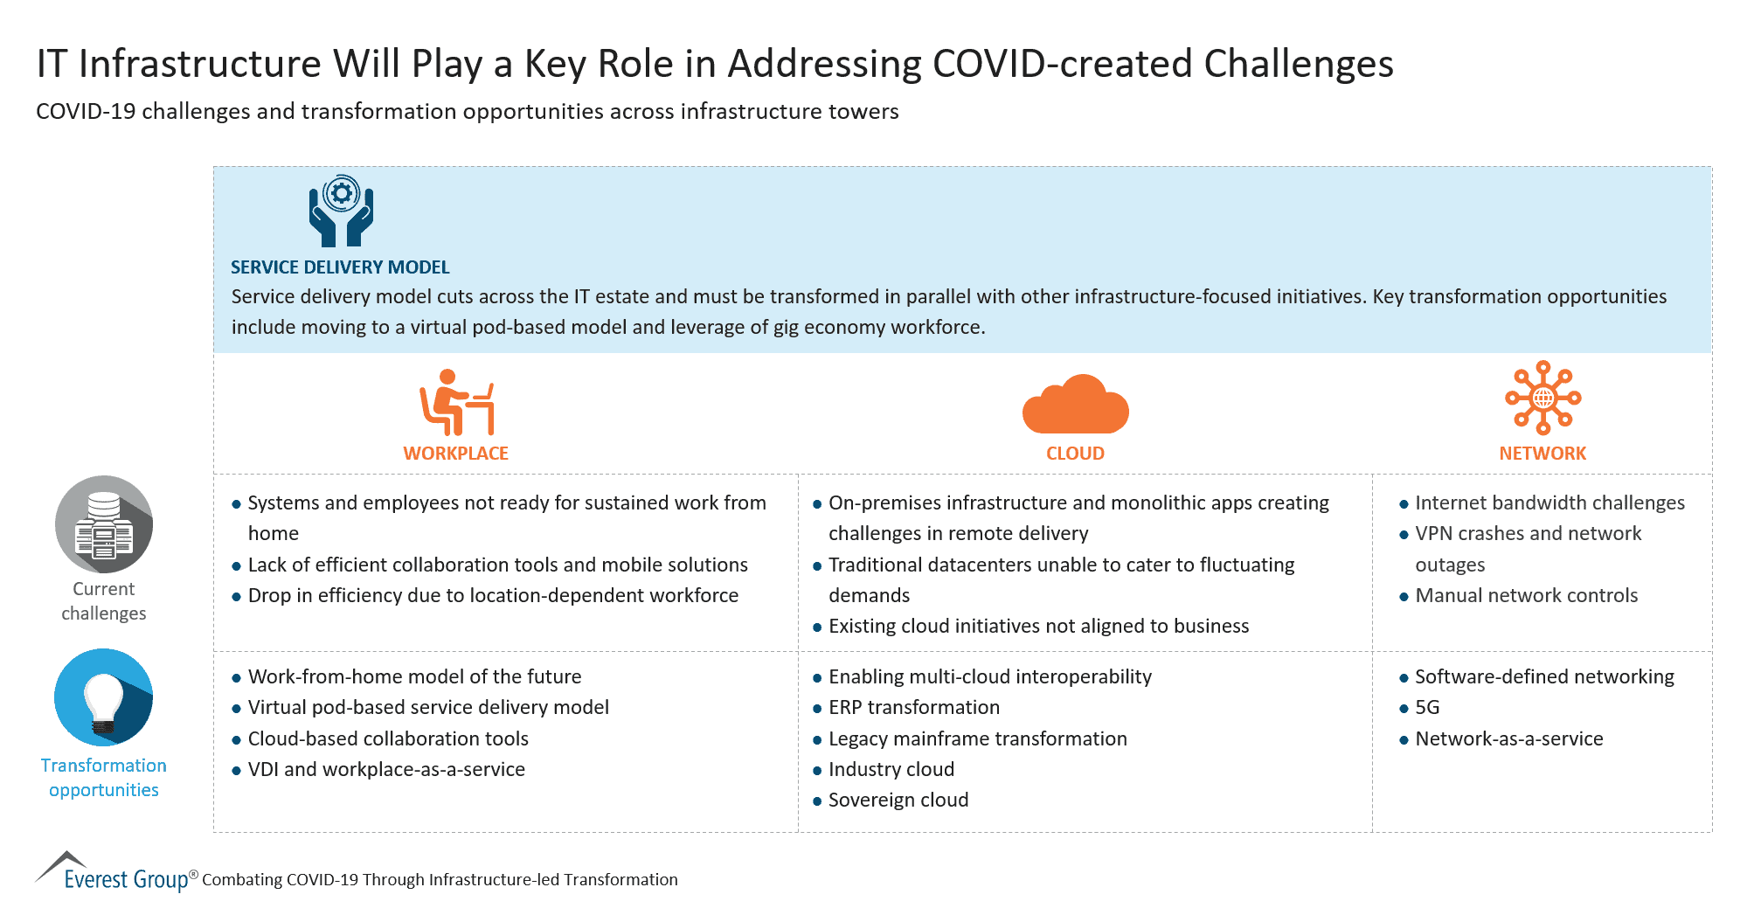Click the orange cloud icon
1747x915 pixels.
1075,406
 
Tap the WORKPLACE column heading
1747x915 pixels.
455,454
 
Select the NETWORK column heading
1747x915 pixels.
1542,454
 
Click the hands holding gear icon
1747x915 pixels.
341,211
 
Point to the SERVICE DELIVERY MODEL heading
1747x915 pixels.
340,267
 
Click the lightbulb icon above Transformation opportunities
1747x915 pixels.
104,697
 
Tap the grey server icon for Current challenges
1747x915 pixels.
104,524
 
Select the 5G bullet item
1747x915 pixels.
1426,708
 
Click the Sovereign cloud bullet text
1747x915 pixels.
898,801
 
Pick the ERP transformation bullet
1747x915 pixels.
913,708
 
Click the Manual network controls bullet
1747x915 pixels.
1526,596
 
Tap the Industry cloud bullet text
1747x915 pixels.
891,770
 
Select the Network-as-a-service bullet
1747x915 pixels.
1508,739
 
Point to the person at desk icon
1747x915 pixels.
457,403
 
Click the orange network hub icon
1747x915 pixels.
1542,398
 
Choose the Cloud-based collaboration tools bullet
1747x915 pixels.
388,739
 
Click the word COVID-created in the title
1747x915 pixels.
1062,64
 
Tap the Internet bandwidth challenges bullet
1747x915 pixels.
1549,503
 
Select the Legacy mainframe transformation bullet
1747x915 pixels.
977,739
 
